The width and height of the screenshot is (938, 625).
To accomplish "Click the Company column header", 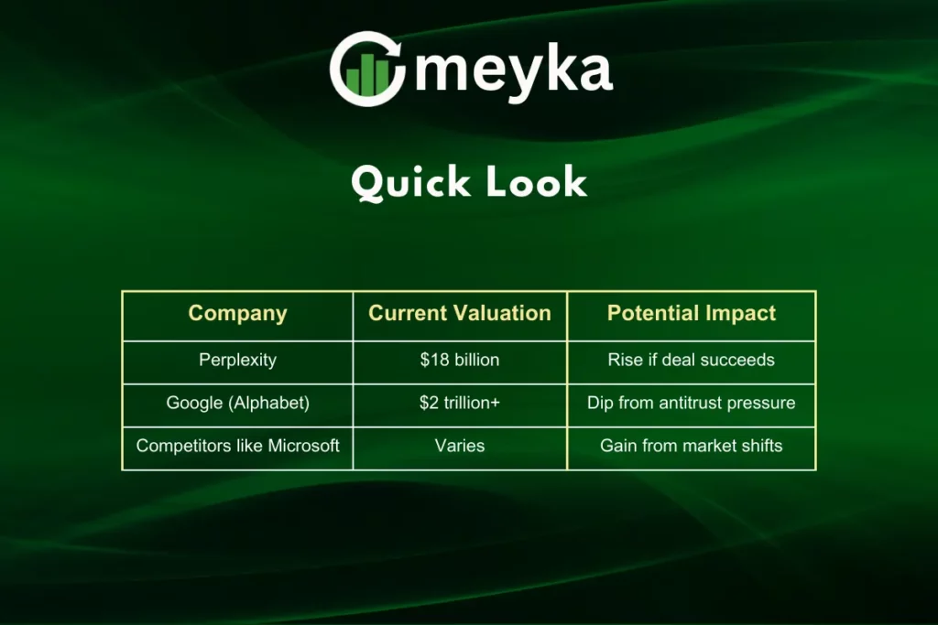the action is coord(237,314).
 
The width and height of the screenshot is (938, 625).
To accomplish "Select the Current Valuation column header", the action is coord(460,313).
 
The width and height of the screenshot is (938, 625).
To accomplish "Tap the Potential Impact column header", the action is coord(691,313).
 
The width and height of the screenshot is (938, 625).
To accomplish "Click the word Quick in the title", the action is coord(410,182).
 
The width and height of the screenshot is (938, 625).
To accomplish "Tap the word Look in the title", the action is coord(536,182).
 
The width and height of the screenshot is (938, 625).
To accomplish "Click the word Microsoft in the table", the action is coord(303,446).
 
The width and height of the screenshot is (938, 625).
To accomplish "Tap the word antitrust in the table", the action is coord(690,403).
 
